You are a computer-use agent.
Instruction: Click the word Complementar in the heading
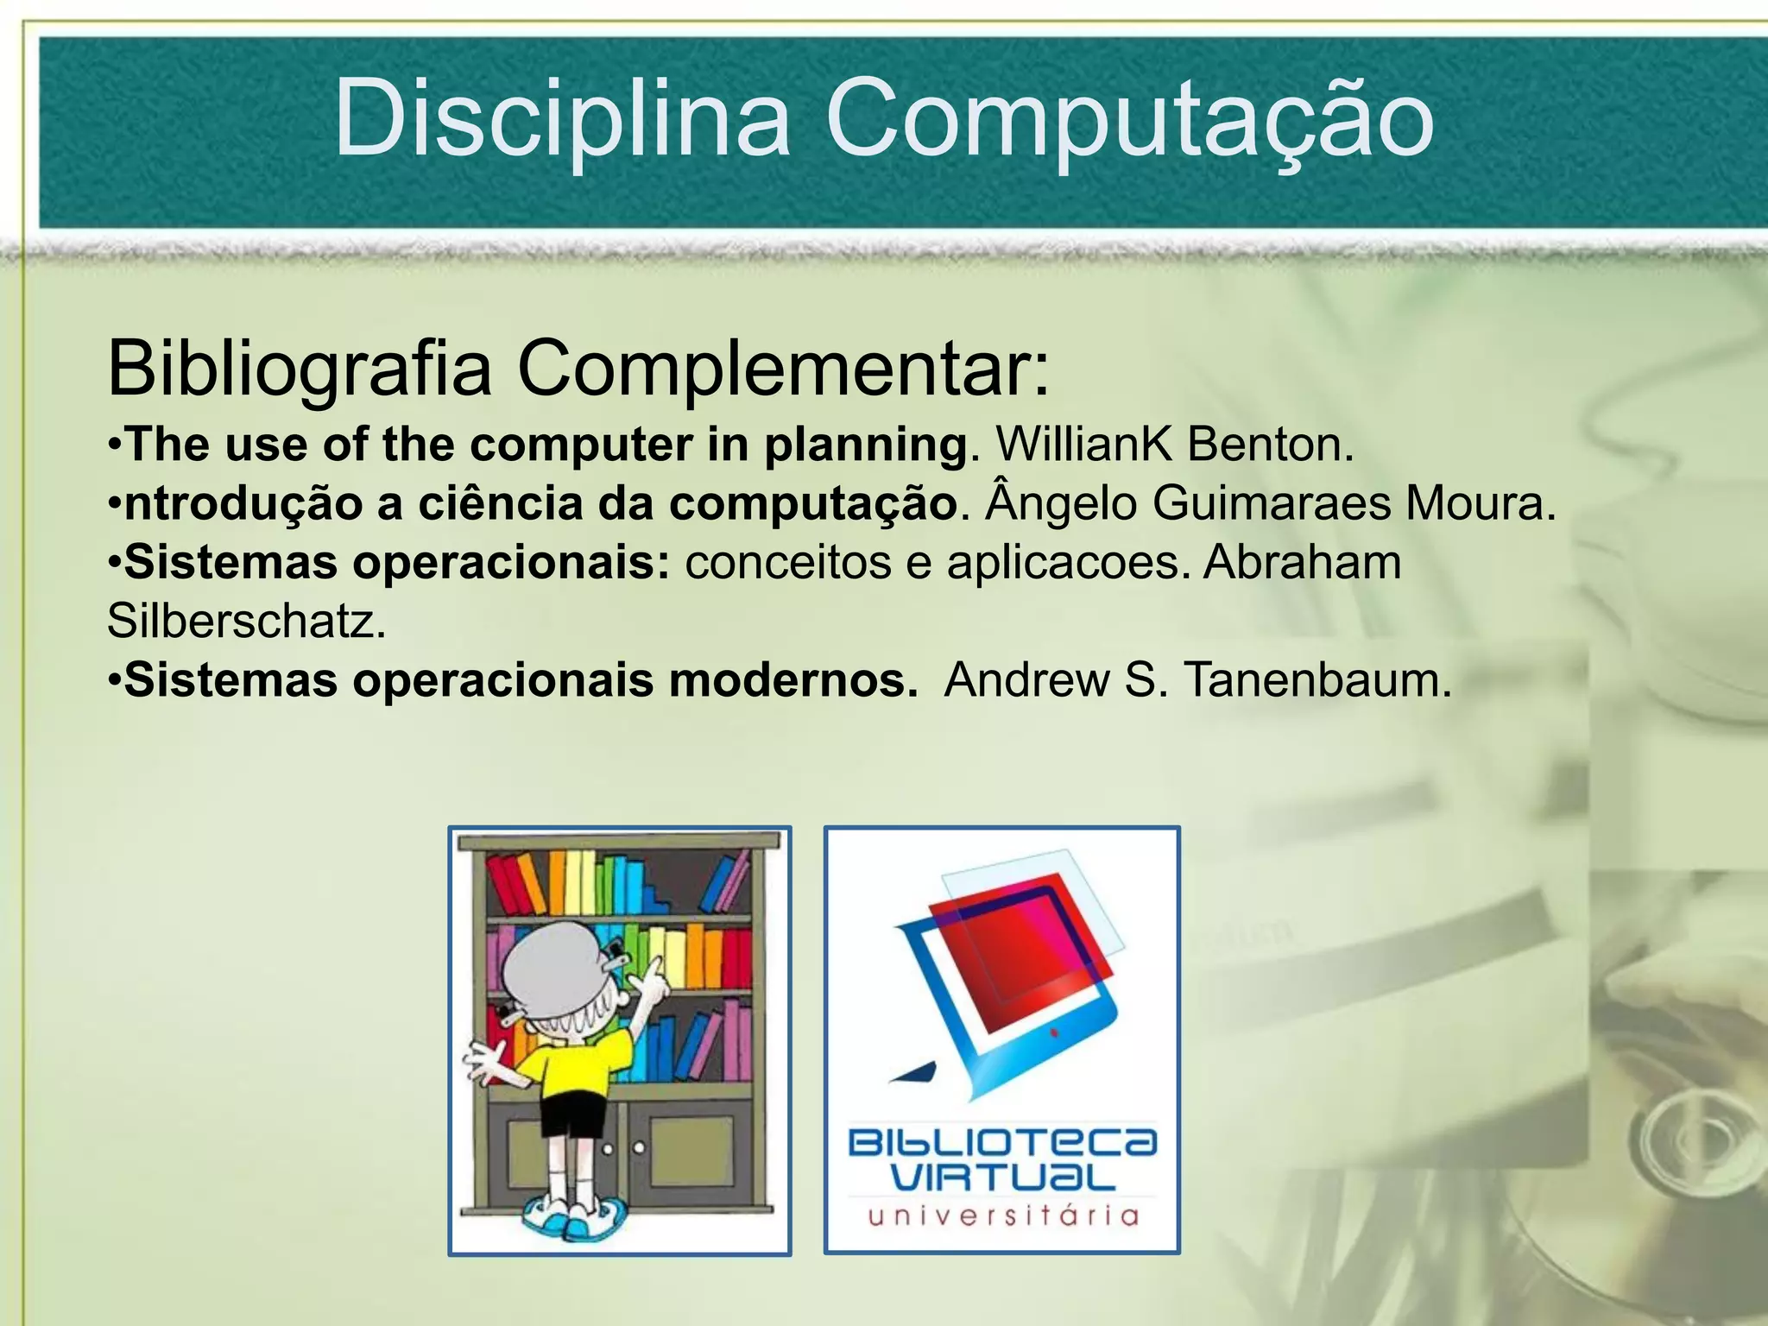[x=782, y=369]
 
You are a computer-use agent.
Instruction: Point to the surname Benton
[x=1269, y=445]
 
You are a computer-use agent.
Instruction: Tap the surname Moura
[x=1480, y=503]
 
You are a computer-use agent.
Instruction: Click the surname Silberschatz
[x=246, y=621]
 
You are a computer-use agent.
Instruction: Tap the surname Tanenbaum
[x=1317, y=680]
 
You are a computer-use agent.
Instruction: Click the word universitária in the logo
[x=1002, y=1216]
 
